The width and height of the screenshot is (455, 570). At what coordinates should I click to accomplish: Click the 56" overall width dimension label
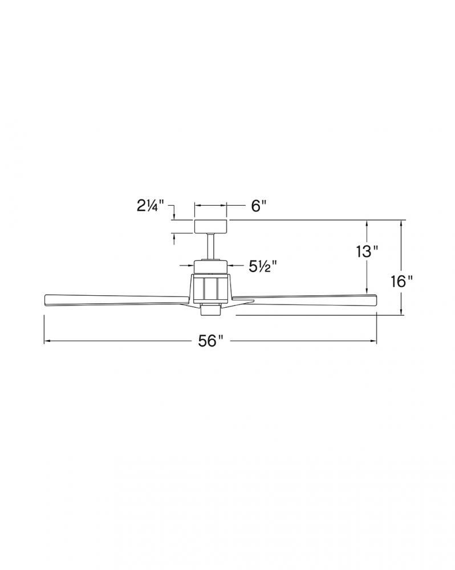[210, 341]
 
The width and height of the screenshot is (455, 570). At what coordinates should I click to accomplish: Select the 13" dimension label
[367, 251]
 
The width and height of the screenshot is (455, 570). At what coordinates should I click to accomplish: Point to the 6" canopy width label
[259, 206]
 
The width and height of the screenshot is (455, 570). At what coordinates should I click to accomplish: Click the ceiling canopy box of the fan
[211, 226]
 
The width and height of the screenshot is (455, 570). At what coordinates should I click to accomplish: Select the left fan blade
[117, 300]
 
